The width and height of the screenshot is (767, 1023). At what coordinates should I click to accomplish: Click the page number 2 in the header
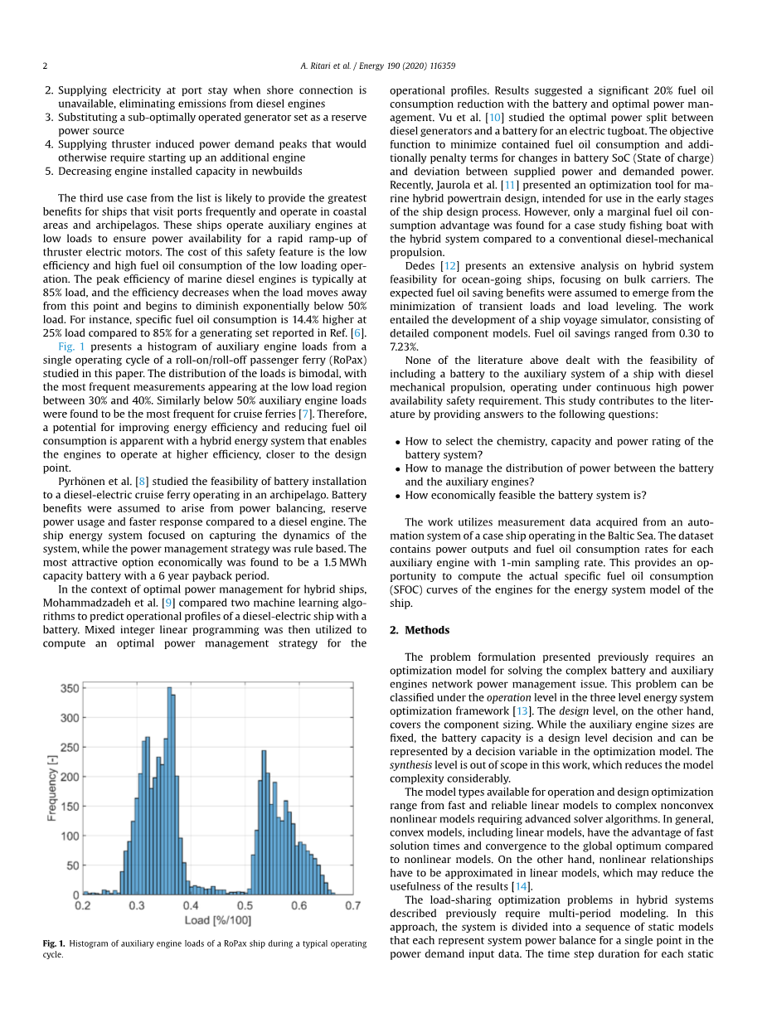pos(46,65)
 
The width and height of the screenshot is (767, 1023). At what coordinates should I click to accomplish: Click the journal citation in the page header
pos(383,65)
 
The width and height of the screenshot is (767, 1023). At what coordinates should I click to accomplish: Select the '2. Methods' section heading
pos(419,630)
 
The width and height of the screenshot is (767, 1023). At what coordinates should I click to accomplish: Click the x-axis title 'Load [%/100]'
pos(217,921)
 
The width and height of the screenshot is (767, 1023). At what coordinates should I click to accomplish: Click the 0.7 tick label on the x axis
pos(352,906)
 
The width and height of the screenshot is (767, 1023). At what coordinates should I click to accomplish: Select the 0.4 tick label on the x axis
pos(191,906)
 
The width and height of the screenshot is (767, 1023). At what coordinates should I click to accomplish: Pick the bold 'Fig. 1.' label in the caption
pos(54,943)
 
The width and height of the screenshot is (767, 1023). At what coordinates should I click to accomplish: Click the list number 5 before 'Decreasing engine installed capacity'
pos(50,171)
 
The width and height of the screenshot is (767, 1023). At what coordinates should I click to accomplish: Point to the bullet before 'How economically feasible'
pos(398,496)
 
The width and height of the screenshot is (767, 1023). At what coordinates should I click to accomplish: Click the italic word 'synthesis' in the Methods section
pos(409,765)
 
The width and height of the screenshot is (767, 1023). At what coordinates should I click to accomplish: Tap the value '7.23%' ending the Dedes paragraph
pos(404,347)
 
